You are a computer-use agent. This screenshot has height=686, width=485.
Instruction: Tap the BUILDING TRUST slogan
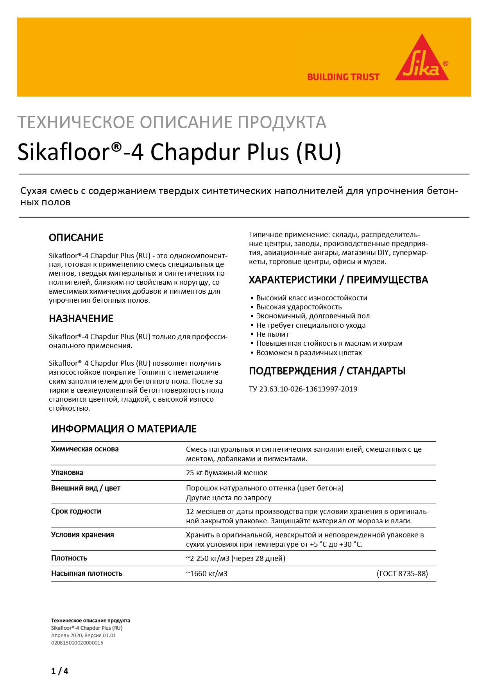pos(343,77)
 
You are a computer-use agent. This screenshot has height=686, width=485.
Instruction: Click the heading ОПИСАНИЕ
pos(76,238)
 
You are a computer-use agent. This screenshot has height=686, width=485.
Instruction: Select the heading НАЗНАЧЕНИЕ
pos(81,319)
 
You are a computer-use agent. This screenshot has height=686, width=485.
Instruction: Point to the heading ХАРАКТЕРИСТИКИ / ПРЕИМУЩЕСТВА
pos(338,280)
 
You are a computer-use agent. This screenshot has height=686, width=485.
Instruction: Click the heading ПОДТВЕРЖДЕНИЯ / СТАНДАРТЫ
pos(327,371)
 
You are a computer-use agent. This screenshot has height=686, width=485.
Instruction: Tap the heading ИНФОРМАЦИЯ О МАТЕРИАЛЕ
pos(123,429)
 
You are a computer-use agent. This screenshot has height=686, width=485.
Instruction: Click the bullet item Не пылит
pos(272,334)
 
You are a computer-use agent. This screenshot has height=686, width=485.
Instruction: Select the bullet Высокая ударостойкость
pos(299,307)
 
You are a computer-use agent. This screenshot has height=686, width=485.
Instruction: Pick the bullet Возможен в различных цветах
pos(309,353)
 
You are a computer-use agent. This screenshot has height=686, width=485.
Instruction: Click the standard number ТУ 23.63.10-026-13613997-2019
pos(303,389)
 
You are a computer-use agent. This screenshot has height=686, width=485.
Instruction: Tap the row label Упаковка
pos(67,472)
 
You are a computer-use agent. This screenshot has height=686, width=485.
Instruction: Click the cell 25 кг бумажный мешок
pos(226,473)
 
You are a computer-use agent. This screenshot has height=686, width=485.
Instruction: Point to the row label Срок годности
pos(76,511)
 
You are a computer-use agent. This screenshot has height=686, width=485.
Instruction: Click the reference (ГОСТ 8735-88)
pos(402,574)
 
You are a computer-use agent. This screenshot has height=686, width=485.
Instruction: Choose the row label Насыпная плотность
pos(86,573)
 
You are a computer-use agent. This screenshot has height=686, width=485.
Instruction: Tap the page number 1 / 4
pos(59,671)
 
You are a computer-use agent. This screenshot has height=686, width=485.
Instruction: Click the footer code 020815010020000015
pos(77,643)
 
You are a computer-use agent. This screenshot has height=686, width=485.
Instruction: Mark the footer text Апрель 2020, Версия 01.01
pos(83,635)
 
